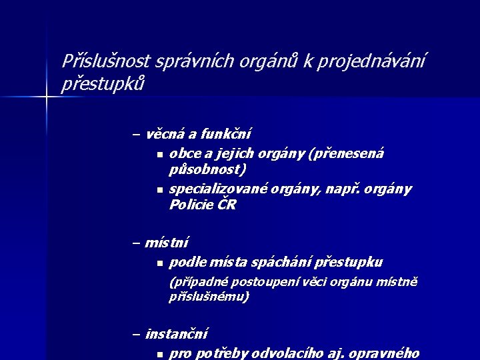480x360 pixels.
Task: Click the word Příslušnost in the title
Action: click(x=106, y=62)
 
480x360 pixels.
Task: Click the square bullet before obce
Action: click(x=160, y=155)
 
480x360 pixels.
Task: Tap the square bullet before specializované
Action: click(x=160, y=191)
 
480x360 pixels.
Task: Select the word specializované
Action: click(x=217, y=189)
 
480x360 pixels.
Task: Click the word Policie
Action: click(x=189, y=205)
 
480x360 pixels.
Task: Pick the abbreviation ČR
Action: click(x=227, y=205)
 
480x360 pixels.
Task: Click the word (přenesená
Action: click(x=346, y=154)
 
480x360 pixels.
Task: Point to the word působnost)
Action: click(x=207, y=170)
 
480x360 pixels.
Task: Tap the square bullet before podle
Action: click(x=160, y=263)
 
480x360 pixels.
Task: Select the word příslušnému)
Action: click(x=209, y=297)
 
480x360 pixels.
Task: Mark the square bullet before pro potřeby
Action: click(x=160, y=354)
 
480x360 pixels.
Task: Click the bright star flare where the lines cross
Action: click(x=46, y=98)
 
